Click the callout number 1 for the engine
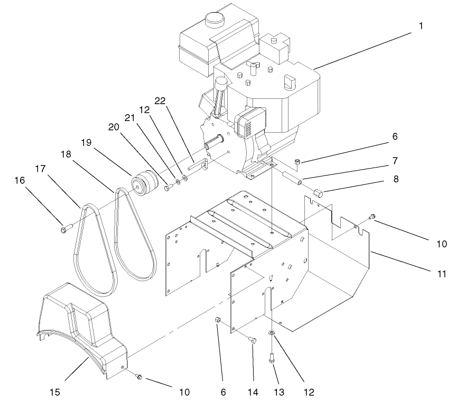tap(421, 26)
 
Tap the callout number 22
tap(160, 100)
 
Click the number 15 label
tap(54, 392)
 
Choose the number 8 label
tap(395, 179)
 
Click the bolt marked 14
tap(252, 340)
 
